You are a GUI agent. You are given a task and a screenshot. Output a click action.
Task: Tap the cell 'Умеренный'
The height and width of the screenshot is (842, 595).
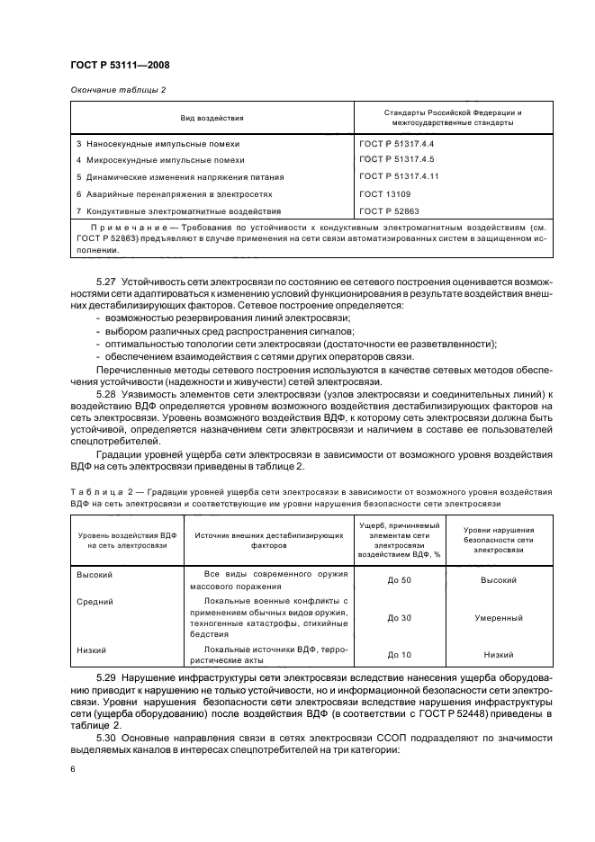click(499, 618)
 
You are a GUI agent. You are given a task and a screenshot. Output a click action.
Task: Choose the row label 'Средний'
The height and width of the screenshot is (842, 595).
click(94, 601)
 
